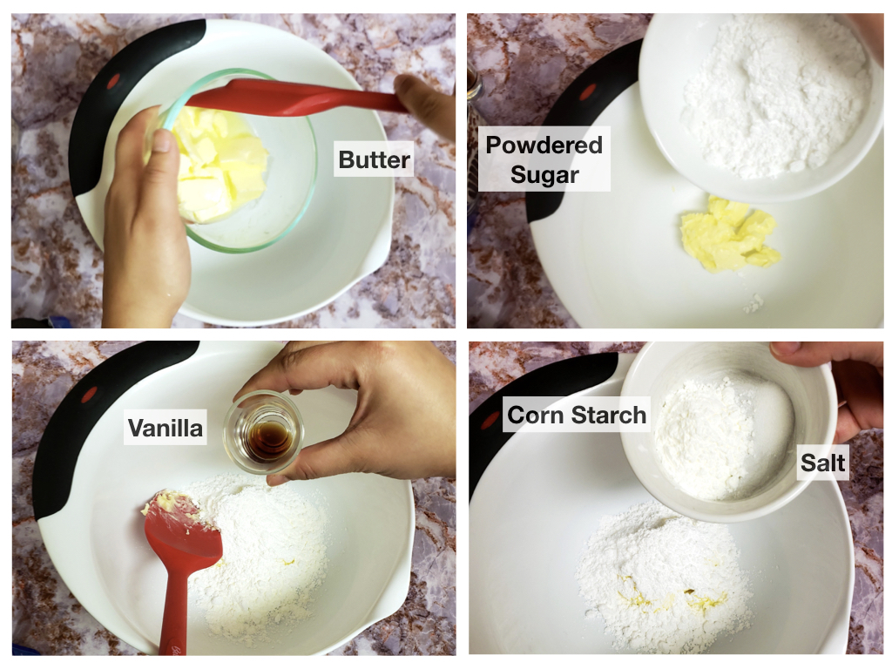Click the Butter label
click(x=373, y=159)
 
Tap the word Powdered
click(x=544, y=145)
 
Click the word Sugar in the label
click(x=544, y=174)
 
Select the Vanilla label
click(x=165, y=428)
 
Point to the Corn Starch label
click(x=577, y=415)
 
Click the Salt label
click(x=822, y=463)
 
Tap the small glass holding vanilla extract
click(x=261, y=432)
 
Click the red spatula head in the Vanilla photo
click(x=182, y=527)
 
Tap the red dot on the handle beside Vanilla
click(x=90, y=394)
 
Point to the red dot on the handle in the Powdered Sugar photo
click(x=588, y=91)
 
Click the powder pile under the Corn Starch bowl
click(x=663, y=575)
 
